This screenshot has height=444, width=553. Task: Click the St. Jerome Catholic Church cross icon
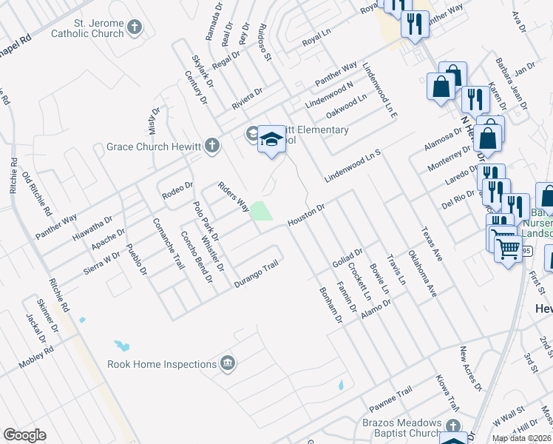coord(134,28)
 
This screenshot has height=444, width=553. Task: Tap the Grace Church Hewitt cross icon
coord(212,145)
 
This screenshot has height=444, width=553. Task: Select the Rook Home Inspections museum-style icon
coord(228,363)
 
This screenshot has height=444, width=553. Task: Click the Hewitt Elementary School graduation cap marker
coord(271,140)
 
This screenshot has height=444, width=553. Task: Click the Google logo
coord(24,435)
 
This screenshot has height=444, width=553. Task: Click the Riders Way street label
coord(233,197)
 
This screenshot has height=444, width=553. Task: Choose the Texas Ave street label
coord(431,244)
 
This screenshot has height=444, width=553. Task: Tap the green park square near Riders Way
coord(260,211)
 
